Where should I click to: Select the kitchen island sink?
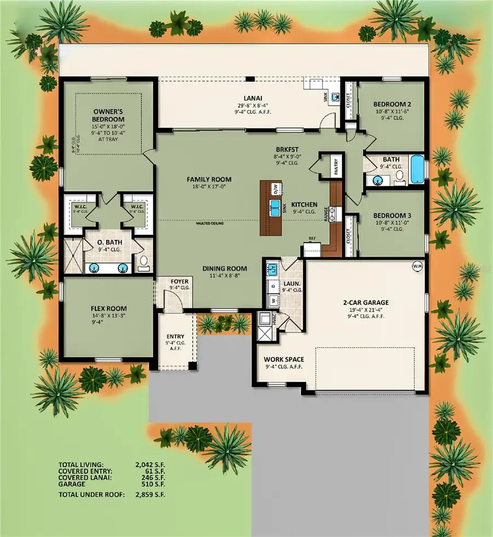275,207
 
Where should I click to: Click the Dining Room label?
225,268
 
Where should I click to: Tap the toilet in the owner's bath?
144,264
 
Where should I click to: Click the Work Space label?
284,359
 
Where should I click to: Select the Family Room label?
209,179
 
